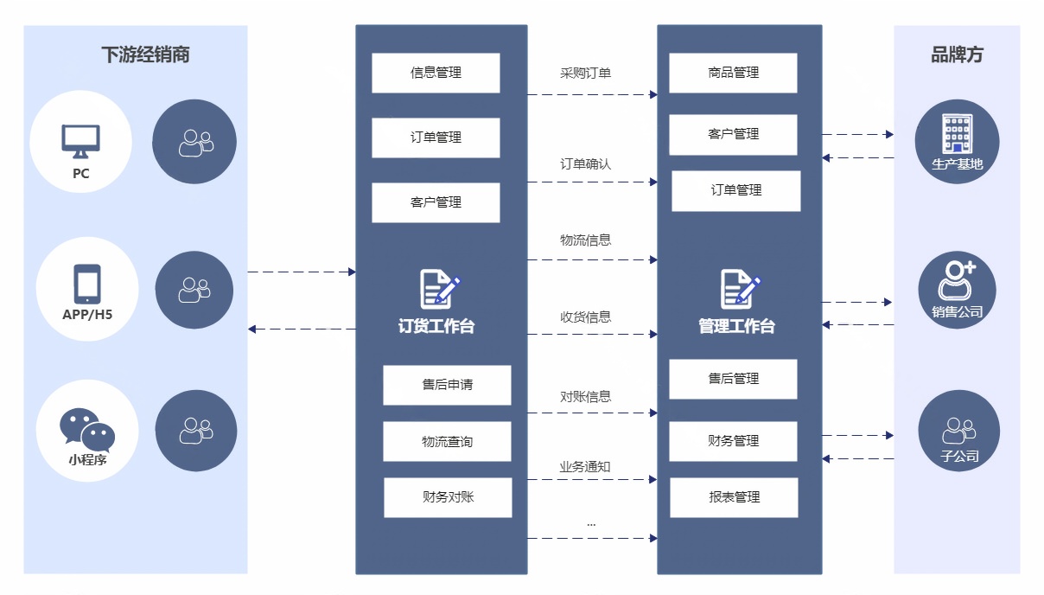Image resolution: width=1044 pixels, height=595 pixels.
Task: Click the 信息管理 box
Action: (436, 73)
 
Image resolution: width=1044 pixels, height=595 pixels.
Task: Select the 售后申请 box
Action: (447, 385)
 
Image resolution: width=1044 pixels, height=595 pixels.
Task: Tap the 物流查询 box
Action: (447, 442)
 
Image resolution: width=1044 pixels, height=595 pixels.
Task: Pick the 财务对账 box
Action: (448, 497)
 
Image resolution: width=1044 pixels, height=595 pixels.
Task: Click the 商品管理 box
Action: (733, 73)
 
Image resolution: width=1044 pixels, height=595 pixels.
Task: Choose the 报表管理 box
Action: (734, 497)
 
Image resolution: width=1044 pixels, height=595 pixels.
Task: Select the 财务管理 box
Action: (733, 441)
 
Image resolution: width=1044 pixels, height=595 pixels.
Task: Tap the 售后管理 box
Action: (733, 379)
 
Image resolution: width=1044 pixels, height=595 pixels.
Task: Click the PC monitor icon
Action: (80, 141)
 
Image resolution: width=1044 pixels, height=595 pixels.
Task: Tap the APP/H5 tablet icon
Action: (87, 284)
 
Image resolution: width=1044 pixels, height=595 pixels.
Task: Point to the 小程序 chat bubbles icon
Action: (86, 428)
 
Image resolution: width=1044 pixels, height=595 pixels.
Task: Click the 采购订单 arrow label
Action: (585, 74)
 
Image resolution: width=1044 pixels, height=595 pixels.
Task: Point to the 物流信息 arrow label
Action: (585, 240)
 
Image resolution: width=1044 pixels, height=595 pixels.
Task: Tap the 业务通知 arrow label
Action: (585, 467)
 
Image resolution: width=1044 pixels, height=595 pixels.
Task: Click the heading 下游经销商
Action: (145, 55)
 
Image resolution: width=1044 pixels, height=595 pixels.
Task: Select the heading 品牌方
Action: (957, 55)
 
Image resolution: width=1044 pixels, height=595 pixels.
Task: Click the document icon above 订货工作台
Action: (439, 290)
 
